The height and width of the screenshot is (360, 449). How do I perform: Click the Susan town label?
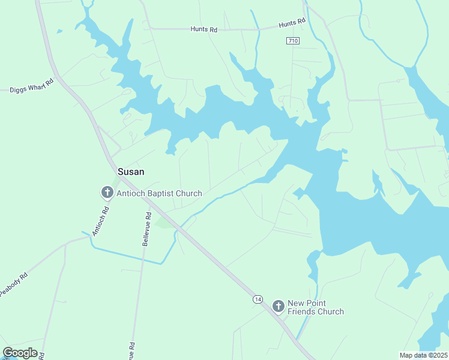130,172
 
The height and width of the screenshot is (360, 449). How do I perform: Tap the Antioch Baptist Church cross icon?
107,193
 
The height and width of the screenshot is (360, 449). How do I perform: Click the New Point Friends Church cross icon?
278,307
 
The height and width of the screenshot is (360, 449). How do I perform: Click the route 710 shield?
292,41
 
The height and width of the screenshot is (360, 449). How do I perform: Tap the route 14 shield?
258,299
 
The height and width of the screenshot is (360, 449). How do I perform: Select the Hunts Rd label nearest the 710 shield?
292,23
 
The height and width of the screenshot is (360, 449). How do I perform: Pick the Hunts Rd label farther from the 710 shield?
203,29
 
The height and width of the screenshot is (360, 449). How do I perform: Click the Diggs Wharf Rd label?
32,88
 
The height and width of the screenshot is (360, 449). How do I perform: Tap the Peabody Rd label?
13,284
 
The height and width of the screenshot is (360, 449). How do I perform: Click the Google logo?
20,353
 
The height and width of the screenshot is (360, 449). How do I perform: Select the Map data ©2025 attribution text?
423,355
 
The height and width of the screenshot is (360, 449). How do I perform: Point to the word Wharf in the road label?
36,86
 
